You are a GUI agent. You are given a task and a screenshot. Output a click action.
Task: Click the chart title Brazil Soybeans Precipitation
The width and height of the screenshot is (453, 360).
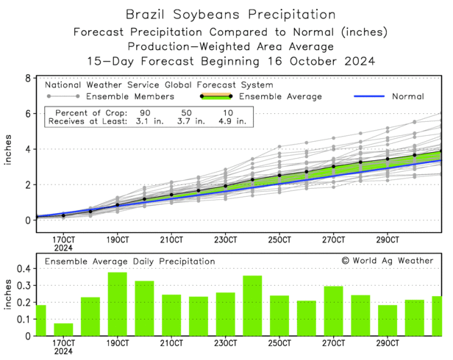226,14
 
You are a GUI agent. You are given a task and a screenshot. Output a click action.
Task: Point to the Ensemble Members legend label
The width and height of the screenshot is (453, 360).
129,96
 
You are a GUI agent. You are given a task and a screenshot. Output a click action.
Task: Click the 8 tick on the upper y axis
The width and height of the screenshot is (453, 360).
27,78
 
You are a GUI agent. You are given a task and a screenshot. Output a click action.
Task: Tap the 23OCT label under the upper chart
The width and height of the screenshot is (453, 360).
225,240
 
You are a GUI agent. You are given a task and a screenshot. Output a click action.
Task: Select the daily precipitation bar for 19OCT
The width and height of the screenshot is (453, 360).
118,303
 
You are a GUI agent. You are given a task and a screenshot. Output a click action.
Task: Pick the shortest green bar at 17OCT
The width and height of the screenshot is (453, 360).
64,329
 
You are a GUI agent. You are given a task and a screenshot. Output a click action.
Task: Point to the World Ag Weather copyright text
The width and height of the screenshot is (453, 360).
387,260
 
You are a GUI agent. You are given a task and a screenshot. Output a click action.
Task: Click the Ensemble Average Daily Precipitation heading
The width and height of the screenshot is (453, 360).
130,261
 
